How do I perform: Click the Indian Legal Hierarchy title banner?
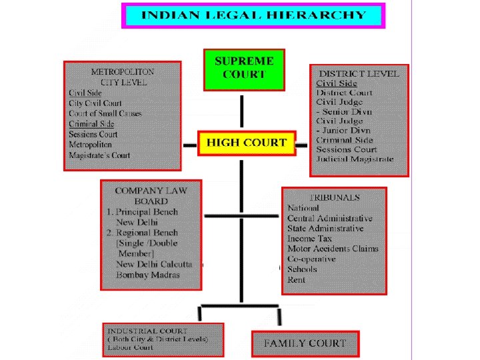point(253,15)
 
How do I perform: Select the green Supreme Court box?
point(244,69)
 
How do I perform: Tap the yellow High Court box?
point(246,143)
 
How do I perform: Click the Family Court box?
point(305,344)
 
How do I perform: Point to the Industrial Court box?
point(163,339)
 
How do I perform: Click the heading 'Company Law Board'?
point(150,195)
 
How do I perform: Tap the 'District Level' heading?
point(359,73)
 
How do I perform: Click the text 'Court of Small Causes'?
point(105,113)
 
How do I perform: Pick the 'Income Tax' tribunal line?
point(309,239)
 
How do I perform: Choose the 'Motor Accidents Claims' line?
point(333,249)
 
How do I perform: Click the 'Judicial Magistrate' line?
point(355,159)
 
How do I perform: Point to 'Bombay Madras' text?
point(147,275)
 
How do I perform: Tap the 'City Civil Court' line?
point(95,103)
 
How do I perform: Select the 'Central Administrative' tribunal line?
point(330,218)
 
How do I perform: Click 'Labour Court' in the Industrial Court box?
point(130,347)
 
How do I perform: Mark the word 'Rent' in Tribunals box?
point(296,280)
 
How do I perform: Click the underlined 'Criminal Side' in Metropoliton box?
point(91,124)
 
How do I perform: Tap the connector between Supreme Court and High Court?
point(241,111)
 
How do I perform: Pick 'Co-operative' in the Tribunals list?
point(311,259)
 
